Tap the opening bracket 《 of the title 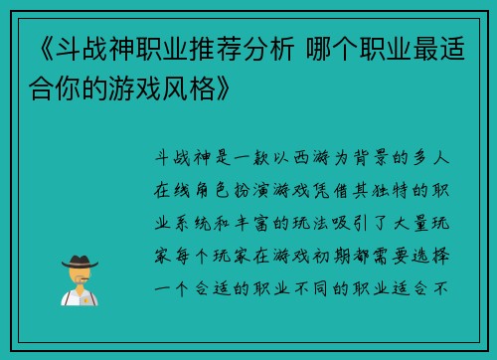click(x=31, y=46)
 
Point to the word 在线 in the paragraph click(x=175, y=189)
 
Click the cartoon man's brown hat click(x=79, y=260)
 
